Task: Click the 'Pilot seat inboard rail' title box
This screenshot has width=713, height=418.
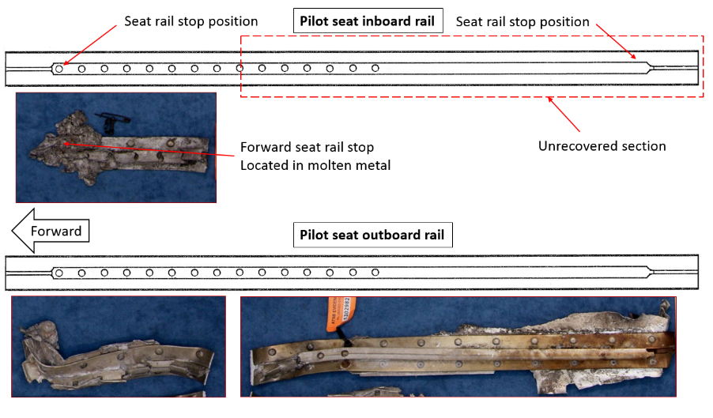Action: point(367,21)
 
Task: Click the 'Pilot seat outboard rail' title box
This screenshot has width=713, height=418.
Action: point(372,235)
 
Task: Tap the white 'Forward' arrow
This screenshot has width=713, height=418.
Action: point(51,232)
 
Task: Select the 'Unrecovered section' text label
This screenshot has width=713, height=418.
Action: point(602,145)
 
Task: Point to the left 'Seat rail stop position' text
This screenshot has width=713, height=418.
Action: point(191,21)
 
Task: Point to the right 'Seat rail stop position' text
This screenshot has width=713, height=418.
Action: point(522,21)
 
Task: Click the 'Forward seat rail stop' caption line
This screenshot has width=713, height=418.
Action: point(307,148)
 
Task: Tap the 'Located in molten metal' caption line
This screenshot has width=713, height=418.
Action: point(315,164)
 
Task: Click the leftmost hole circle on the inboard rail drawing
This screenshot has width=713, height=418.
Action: point(59,69)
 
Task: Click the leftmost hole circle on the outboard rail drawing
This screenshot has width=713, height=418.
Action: point(59,273)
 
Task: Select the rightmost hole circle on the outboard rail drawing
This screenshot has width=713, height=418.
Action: point(375,273)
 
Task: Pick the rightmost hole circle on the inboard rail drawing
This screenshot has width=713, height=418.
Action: point(375,69)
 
